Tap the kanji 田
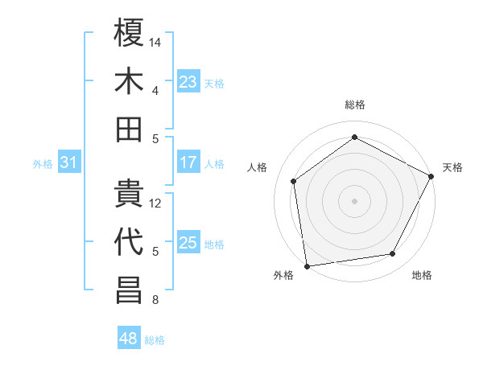[x=130, y=129]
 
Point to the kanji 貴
[x=130, y=193]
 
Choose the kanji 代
[x=130, y=242]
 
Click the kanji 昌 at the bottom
[x=130, y=291]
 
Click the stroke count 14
[x=156, y=41]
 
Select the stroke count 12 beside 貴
[x=156, y=203]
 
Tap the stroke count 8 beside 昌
[x=155, y=301]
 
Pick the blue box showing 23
[x=188, y=81]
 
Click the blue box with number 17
[x=188, y=162]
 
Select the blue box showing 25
[x=188, y=243]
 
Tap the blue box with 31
[x=69, y=163]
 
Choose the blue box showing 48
[x=128, y=339]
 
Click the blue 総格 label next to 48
[x=155, y=340]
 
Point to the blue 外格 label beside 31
[x=43, y=164]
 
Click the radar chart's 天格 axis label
[x=452, y=167]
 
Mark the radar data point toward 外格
[x=307, y=265]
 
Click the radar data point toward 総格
[x=354, y=138]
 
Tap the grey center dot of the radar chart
[x=354, y=200]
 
